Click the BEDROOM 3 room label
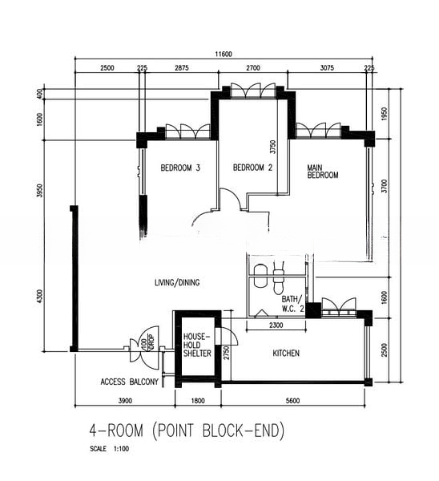[180, 168]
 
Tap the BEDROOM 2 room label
[252, 168]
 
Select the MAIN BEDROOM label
[323, 172]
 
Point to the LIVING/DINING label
[177, 282]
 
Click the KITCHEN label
[286, 353]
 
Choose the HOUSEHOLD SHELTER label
[197, 345]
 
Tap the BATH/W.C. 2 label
[292, 304]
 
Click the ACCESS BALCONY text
[129, 382]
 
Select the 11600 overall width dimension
[224, 55]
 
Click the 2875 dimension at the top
[182, 68]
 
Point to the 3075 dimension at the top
[327, 68]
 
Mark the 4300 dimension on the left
[40, 297]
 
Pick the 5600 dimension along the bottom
[292, 401]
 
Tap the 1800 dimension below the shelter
[198, 401]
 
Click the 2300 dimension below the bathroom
[276, 325]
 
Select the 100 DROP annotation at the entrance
[147, 342]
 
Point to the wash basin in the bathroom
[261, 276]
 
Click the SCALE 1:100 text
[110, 449]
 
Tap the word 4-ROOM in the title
[116, 430]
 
